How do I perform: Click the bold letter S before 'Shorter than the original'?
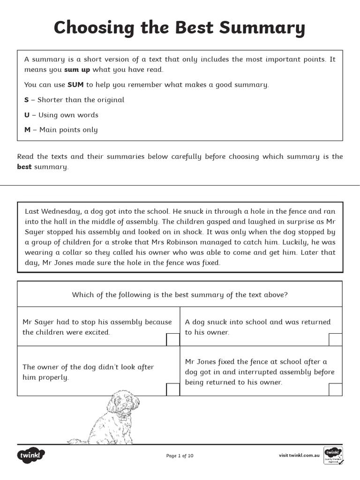[x=27, y=100]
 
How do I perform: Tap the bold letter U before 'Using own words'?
[x=27, y=115]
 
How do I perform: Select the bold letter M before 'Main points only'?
[x=28, y=130]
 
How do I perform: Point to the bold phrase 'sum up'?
[x=77, y=70]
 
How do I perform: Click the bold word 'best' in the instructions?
[x=24, y=167]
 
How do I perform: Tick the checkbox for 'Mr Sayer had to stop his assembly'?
[x=173, y=340]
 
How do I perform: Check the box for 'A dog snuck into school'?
[x=335, y=340]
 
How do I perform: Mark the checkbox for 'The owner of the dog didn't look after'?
[x=173, y=389]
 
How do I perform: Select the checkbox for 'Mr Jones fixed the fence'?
[x=335, y=389]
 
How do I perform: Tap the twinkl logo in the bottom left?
[x=31, y=455]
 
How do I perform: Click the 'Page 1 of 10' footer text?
[x=180, y=456]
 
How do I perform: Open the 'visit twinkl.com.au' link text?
[x=299, y=455]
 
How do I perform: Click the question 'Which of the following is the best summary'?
[x=180, y=295]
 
